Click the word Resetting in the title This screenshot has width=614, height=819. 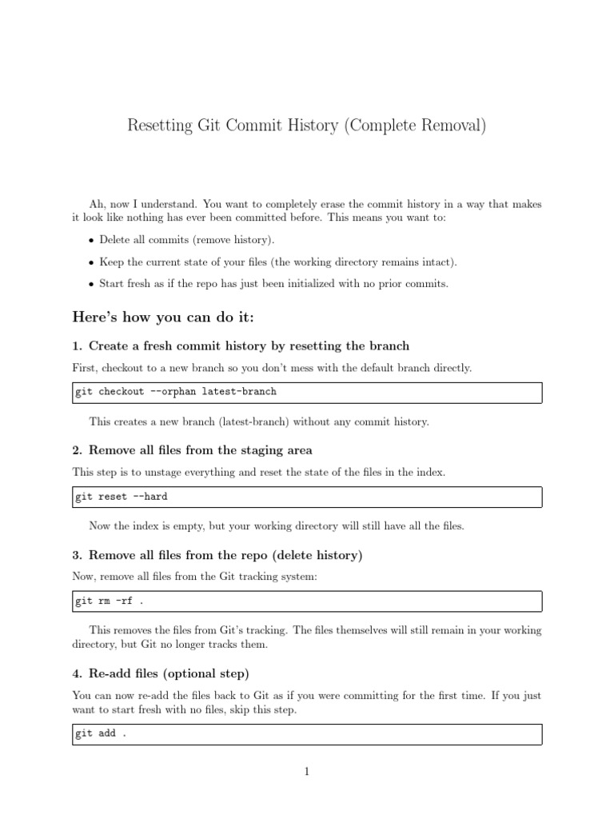tap(161, 126)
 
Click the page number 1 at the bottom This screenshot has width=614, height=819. tap(307, 772)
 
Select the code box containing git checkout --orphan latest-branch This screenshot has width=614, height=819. tap(307, 392)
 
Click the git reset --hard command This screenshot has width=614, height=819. tap(122, 497)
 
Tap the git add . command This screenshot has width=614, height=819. tap(101, 734)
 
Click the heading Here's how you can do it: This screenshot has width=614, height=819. tap(163, 318)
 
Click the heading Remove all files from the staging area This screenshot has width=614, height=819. tap(200, 450)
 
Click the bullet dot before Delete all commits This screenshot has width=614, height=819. tap(91, 241)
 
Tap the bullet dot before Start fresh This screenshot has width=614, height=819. tap(91, 284)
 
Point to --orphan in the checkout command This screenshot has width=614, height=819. tap(173, 392)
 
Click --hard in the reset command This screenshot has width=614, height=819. tap(150, 497)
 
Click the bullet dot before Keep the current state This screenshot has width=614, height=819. tap(91, 262)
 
